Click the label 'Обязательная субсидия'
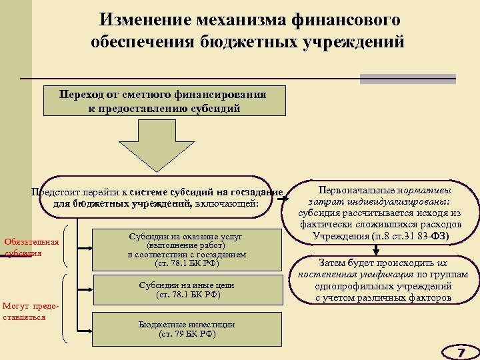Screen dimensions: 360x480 (x=32, y=247)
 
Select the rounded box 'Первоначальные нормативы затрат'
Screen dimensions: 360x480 (x=381, y=213)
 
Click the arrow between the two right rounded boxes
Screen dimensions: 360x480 (x=377, y=249)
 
